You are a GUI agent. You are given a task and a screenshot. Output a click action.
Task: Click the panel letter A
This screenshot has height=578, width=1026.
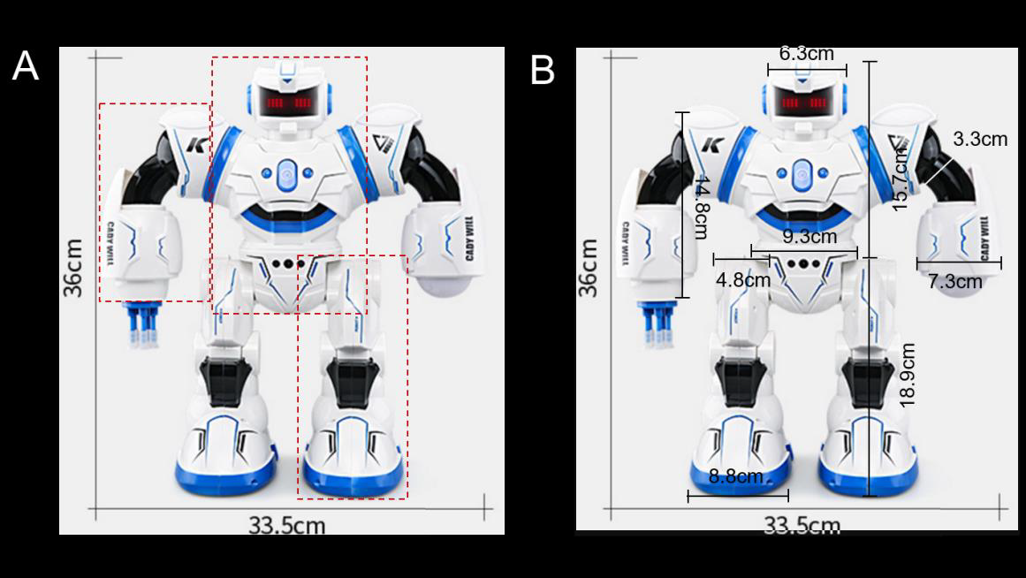pos(25,66)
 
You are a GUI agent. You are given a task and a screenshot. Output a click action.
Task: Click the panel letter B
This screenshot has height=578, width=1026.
pos(542,70)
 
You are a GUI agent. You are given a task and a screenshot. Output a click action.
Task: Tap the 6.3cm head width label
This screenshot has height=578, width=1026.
pos(806,53)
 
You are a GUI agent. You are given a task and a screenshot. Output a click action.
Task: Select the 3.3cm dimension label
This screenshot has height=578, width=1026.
pos(979,139)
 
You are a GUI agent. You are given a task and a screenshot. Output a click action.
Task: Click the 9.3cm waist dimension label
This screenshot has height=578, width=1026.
pos(809,237)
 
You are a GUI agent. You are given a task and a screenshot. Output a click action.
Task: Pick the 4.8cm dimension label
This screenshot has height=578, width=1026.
pos(742,280)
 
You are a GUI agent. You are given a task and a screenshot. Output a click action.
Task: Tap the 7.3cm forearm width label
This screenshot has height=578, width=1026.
pos(954,281)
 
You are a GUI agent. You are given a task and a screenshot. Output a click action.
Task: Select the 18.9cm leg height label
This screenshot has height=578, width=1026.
pos(907,375)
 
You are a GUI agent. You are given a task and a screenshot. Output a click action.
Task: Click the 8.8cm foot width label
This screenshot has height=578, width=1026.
pos(735,477)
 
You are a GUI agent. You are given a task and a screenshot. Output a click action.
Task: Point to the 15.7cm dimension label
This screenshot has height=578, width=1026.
pos(901,179)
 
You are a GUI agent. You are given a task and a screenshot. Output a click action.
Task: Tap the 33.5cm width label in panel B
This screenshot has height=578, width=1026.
pos(802,526)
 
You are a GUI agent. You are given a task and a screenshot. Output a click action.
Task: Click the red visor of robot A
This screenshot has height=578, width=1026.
pos(288,104)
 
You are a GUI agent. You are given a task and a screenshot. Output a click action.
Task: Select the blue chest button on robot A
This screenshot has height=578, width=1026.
pos(285,172)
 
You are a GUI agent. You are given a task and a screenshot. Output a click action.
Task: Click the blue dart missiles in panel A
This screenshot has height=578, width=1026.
pos(141,323)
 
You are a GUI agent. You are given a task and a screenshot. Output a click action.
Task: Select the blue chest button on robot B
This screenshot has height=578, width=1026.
pos(801,172)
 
